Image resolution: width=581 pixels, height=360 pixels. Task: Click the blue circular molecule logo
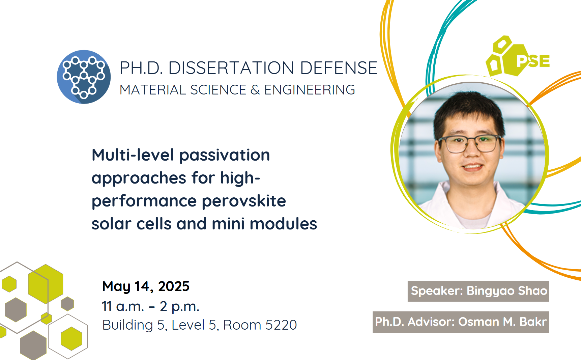coord(84,77)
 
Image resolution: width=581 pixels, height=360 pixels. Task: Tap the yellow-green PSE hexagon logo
coord(518,56)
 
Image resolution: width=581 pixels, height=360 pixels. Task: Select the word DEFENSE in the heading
coord(339,68)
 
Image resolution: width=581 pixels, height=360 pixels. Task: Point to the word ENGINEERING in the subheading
coord(310,90)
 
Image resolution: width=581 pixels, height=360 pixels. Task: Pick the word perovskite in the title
coord(244,201)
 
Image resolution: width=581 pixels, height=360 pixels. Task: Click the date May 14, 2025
coord(146,286)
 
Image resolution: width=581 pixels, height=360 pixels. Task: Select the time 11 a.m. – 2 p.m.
coord(151,306)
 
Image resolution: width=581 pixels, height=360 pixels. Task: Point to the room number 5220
coord(281,325)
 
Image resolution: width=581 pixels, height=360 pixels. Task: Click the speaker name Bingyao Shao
coord(507,291)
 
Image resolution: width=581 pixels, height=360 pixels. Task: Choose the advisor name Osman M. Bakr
coord(502,322)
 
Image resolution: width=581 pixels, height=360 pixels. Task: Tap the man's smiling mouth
coord(473,167)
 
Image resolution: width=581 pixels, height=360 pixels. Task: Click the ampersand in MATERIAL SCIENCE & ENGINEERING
coord(255,90)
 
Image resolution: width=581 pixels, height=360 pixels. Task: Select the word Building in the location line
coord(128,325)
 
